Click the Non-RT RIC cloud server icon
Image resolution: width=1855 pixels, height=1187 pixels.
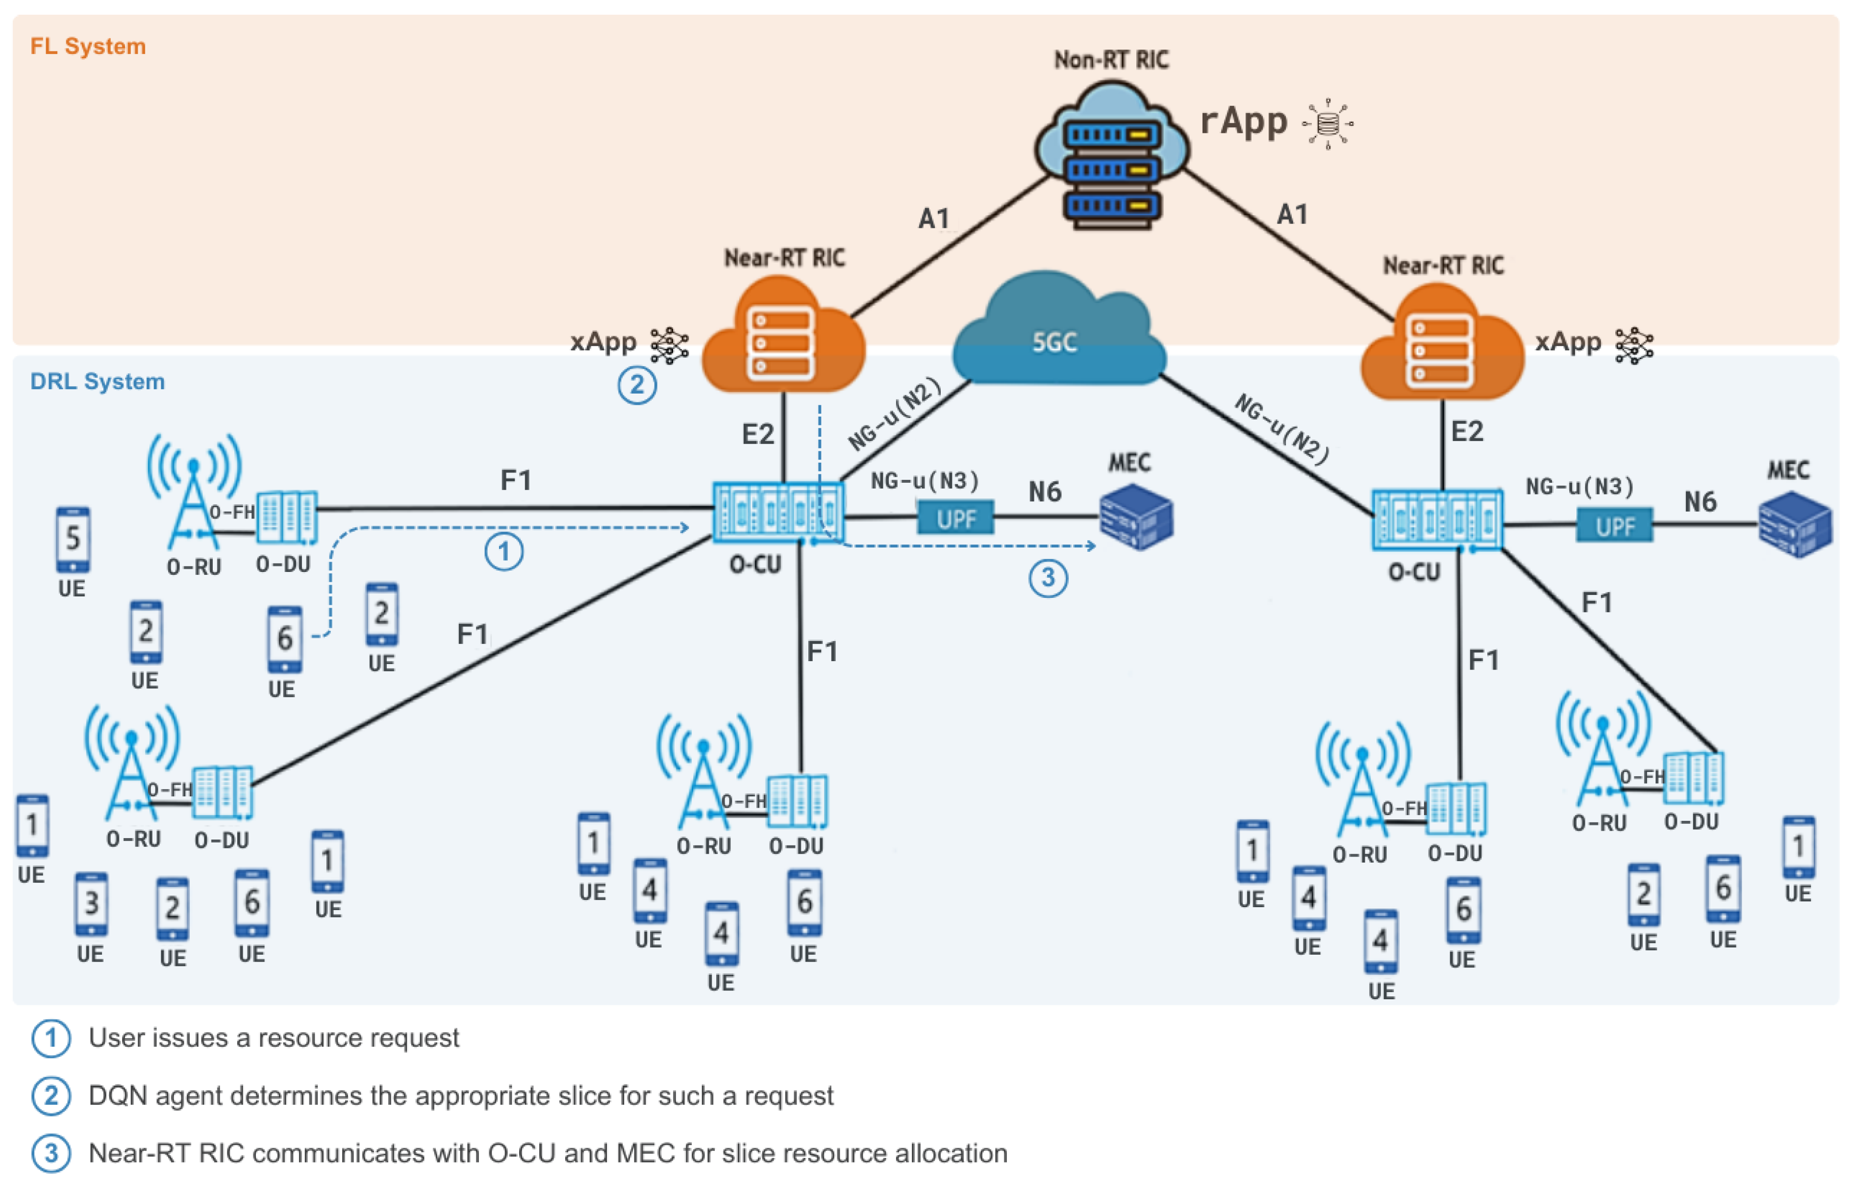pyautogui.click(x=1111, y=158)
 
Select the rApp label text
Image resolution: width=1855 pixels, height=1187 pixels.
pyautogui.click(x=1243, y=122)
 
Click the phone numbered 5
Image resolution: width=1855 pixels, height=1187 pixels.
pyautogui.click(x=73, y=540)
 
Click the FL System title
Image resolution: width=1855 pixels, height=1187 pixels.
pyautogui.click(x=88, y=46)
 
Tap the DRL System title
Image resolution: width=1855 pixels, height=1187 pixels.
pyautogui.click(x=97, y=381)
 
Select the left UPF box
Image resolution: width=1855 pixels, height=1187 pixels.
pyautogui.click(x=955, y=519)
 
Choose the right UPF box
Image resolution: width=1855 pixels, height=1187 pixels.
pyautogui.click(x=1614, y=526)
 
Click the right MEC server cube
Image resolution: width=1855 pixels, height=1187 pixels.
pyautogui.click(x=1794, y=526)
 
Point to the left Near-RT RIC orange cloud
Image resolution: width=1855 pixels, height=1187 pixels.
pyautogui.click(x=782, y=339)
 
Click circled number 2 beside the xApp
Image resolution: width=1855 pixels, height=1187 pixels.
pyautogui.click(x=637, y=385)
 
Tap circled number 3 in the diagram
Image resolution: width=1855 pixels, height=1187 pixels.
pyautogui.click(x=1048, y=577)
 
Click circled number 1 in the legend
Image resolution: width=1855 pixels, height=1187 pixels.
pyautogui.click(x=51, y=1038)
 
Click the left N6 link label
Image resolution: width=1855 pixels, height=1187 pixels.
pyautogui.click(x=1045, y=492)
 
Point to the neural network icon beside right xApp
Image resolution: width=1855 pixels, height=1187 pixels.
pyautogui.click(x=1634, y=346)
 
